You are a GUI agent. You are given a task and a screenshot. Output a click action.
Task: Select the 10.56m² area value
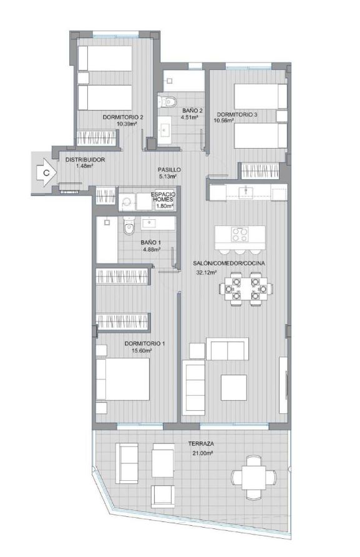tap(223, 121)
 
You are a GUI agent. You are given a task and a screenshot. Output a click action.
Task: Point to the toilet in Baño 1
tap(129, 225)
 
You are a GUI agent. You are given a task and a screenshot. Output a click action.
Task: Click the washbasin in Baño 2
tap(165, 130)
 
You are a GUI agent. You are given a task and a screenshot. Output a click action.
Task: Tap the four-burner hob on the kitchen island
tap(240, 234)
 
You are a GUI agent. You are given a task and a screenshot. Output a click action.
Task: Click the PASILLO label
tap(169, 170)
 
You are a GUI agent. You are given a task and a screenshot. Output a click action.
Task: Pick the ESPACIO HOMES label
tap(163, 197)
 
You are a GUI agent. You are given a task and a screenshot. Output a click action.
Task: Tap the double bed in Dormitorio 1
tap(123, 379)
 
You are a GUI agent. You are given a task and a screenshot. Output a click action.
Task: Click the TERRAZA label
tap(201, 444)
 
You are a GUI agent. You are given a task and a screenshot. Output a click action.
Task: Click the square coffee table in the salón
tap(233, 388)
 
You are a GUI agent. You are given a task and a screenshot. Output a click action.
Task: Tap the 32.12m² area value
tap(207, 273)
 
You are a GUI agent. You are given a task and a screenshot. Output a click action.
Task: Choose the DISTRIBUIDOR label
tap(85, 160)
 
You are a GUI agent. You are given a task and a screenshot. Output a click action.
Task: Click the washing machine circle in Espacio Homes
tap(125, 202)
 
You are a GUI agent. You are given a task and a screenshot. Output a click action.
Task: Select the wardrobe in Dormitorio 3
tap(260, 171)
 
